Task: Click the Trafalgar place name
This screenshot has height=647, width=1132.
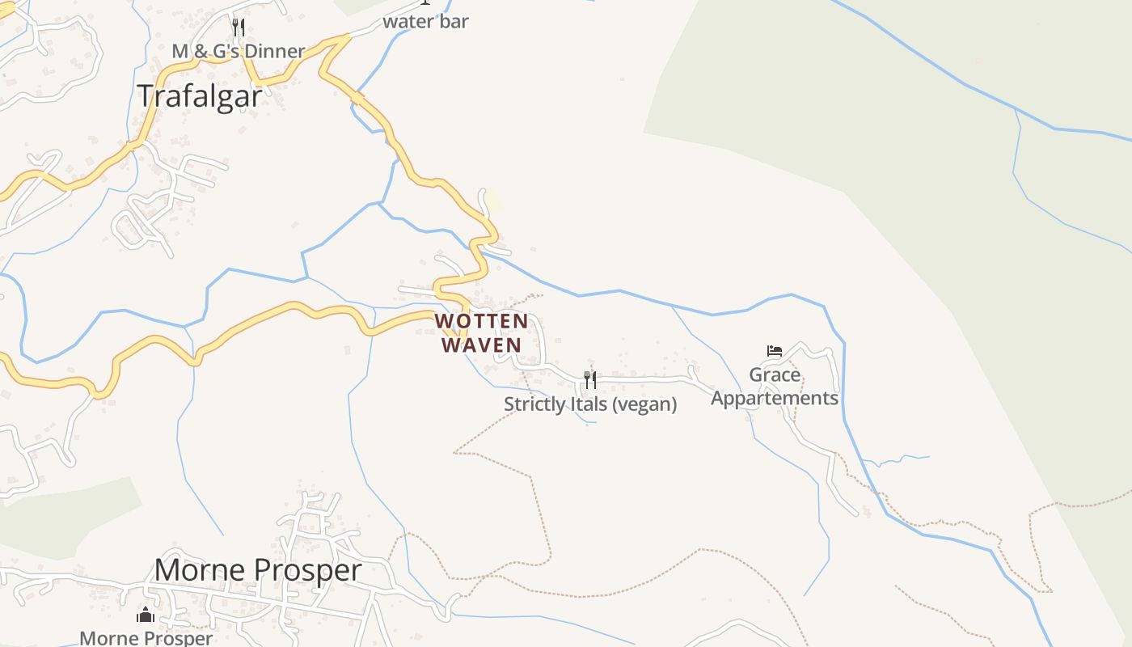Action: pos(199,95)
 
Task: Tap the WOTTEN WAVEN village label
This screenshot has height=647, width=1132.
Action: pos(481,333)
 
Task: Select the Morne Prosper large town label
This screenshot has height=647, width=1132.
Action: pos(258,569)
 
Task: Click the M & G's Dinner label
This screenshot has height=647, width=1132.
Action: pos(239,51)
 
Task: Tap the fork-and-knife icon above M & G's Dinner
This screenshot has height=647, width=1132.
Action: pos(238,27)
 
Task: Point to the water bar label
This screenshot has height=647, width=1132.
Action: pos(425,21)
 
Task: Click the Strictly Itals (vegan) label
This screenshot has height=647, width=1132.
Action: pos(590,404)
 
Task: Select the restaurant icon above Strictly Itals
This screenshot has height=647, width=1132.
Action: pos(590,379)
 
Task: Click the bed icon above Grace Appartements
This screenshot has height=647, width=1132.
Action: pos(775,351)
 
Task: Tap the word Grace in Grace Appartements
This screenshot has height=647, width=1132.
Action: pos(775,374)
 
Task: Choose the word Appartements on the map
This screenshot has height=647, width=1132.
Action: pos(775,398)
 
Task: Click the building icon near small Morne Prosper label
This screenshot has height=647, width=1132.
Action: pos(146,615)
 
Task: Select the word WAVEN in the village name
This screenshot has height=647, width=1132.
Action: pos(481,345)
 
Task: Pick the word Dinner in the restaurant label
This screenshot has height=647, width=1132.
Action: pos(274,51)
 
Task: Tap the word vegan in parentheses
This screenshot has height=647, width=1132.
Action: pos(644,404)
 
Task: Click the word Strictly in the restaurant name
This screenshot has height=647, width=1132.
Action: pos(534,404)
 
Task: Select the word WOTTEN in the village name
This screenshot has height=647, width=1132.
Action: pos(481,321)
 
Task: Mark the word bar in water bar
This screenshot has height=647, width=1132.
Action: pos(454,21)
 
